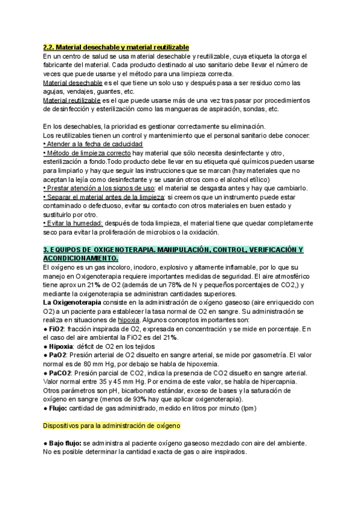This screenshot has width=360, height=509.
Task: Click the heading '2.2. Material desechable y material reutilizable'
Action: point(116,47)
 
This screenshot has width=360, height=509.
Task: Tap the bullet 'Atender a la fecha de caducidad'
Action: point(94,145)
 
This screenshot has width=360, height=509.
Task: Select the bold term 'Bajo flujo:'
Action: point(65,444)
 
